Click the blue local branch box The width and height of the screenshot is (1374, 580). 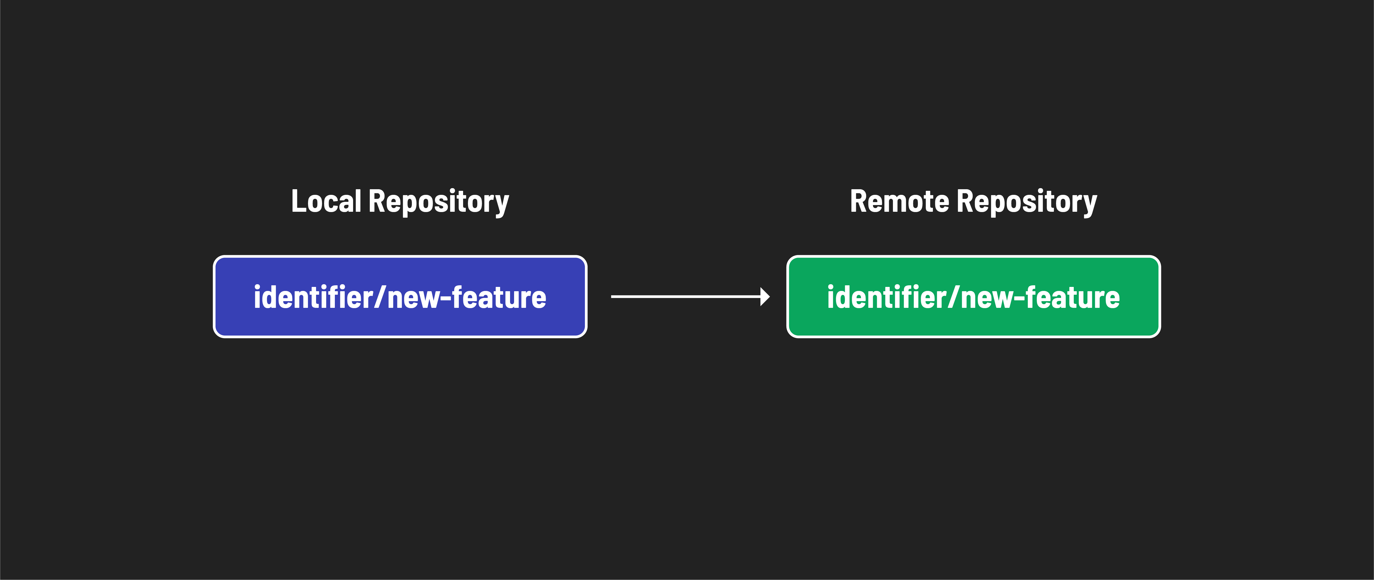400,326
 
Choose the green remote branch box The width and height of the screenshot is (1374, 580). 973,326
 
